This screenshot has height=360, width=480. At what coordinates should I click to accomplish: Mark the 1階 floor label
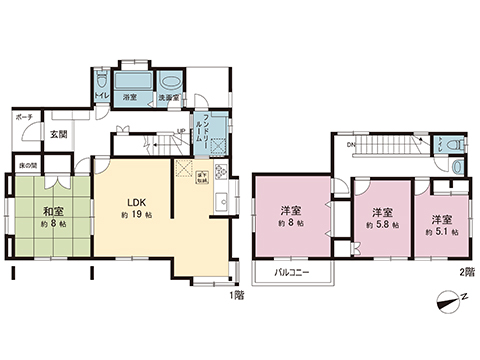click(236, 296)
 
